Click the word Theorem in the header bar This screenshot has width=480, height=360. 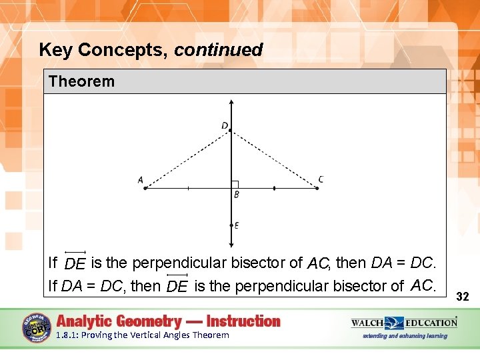click(x=81, y=82)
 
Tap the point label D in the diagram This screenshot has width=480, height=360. click(x=225, y=125)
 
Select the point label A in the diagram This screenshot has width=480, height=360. click(x=141, y=179)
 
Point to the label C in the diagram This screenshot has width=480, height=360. click(x=321, y=179)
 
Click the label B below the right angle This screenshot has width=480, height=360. click(x=236, y=195)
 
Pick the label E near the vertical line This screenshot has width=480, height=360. click(x=237, y=225)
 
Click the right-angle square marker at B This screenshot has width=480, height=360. click(x=235, y=185)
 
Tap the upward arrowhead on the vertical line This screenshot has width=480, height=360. click(x=231, y=103)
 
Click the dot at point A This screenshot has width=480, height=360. click(x=145, y=189)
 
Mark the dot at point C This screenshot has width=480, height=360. click(x=317, y=189)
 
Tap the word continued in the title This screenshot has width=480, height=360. click(x=219, y=50)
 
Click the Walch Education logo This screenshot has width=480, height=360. click(x=404, y=323)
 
